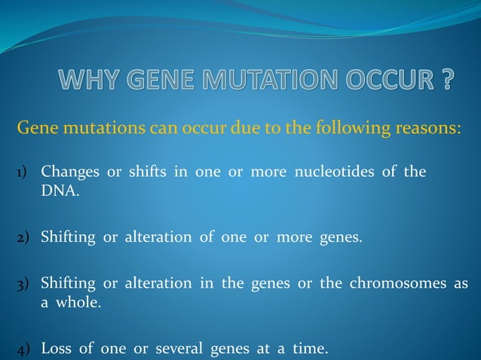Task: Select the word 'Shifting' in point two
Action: [68, 239]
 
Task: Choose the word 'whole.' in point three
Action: [78, 303]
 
